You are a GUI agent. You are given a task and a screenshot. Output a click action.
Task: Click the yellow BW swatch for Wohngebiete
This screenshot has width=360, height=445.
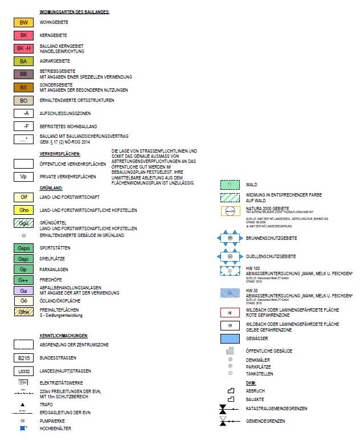(23, 23)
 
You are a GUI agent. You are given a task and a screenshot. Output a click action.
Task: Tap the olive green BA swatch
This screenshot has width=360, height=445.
(23, 61)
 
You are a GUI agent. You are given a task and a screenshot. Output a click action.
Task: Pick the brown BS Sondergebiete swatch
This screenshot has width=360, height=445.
(23, 87)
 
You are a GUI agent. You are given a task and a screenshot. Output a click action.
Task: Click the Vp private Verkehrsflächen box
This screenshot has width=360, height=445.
(23, 177)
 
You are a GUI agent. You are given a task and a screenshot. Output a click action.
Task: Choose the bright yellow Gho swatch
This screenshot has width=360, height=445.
(23, 210)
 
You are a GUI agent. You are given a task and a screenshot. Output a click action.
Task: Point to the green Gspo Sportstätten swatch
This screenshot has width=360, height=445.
(23, 249)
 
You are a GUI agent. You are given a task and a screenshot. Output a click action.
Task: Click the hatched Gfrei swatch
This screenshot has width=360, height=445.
(23, 312)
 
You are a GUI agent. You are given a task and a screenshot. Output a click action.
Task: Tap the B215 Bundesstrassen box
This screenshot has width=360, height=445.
(23, 358)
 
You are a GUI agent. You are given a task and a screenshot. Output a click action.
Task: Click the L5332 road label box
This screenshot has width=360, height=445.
(23, 371)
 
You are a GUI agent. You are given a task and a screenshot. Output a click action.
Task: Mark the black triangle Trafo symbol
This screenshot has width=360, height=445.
(23, 403)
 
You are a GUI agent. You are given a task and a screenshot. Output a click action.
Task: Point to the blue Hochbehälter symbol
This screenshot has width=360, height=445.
(23, 428)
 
